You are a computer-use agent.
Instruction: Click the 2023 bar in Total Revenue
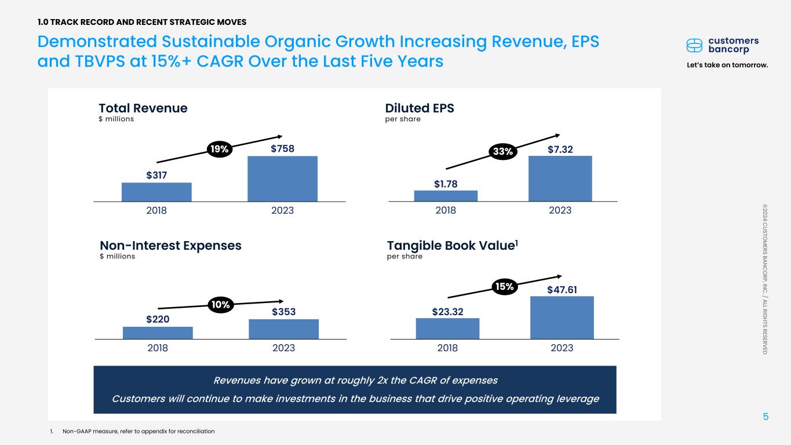tap(282, 178)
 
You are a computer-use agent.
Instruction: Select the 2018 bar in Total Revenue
tap(156, 192)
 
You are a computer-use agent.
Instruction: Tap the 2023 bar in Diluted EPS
tap(560, 178)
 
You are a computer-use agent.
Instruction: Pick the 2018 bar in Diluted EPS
tap(446, 196)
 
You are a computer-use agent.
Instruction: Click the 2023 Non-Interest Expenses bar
tap(283, 329)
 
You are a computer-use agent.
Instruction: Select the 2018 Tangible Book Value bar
tap(447, 329)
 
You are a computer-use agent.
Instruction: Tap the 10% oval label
tap(221, 304)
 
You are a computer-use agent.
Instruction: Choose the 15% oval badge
tap(504, 286)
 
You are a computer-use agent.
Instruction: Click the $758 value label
tap(283, 149)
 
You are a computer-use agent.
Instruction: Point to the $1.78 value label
tap(446, 184)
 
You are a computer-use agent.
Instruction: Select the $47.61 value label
tap(562, 289)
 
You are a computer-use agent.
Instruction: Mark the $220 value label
tap(158, 319)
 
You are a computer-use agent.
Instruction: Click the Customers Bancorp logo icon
tap(694, 45)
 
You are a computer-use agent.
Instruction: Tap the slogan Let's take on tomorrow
tap(727, 65)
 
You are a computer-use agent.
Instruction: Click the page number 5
tap(766, 416)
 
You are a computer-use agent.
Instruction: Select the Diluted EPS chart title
tap(420, 108)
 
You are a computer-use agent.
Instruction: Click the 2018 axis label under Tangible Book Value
tap(447, 348)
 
